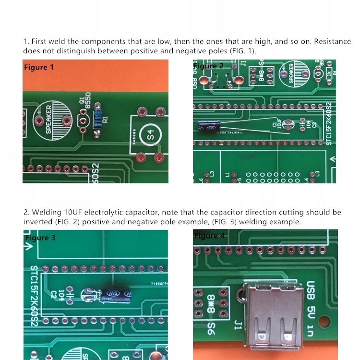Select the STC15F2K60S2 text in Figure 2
click(329, 123)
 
